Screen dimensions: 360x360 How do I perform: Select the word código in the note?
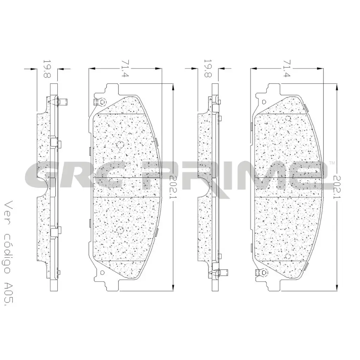pyautogui.click(x=10, y=246)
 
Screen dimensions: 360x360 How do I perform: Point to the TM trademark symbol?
pyautogui.click(x=331, y=162)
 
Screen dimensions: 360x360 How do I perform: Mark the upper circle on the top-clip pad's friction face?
pyautogui.click(x=119, y=144)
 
